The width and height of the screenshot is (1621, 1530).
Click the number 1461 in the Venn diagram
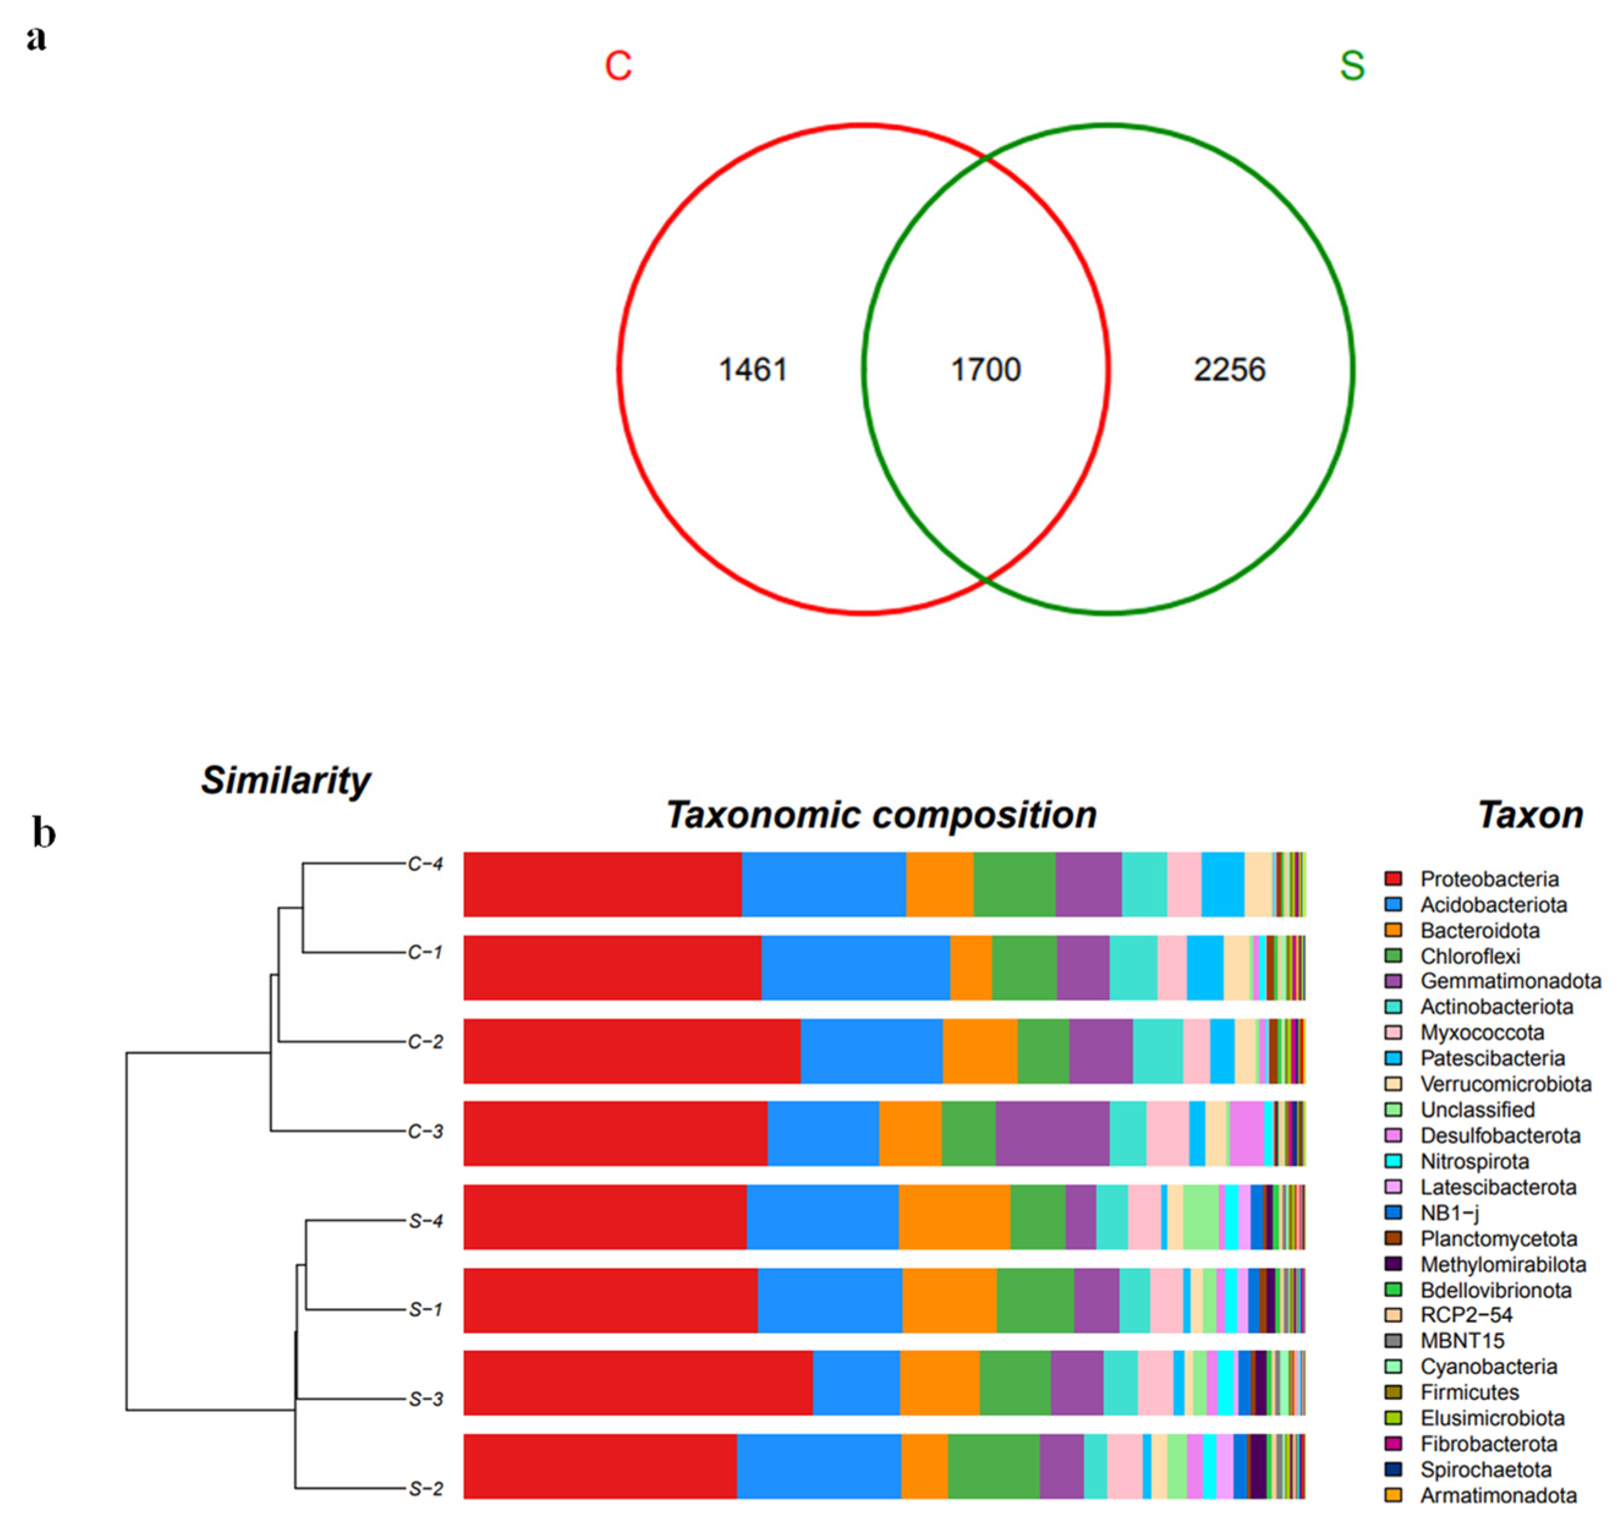click(751, 370)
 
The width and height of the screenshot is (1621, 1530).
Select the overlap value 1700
click(986, 370)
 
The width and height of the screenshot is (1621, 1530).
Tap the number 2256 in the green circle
click(1230, 370)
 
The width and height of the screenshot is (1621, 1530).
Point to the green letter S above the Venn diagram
click(1352, 65)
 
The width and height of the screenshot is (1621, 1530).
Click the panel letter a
click(36, 37)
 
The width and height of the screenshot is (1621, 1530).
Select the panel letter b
click(44, 833)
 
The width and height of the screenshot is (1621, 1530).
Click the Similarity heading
click(286, 780)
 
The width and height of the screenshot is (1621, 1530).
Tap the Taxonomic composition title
click(881, 815)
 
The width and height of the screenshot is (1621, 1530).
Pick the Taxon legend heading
click(1530, 815)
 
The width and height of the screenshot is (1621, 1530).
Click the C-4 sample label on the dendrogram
click(425, 863)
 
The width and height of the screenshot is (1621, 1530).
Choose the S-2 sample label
click(425, 1489)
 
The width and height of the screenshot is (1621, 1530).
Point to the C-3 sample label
click(425, 1131)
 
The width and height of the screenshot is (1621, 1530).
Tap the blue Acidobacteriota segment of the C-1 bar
click(855, 967)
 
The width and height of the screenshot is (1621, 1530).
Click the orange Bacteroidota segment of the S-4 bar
click(954, 1217)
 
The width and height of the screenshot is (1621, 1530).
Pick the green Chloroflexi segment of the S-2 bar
click(993, 1466)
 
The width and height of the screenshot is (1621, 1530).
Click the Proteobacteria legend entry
click(1489, 879)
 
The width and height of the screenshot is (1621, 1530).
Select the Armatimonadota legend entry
click(1497, 1496)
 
